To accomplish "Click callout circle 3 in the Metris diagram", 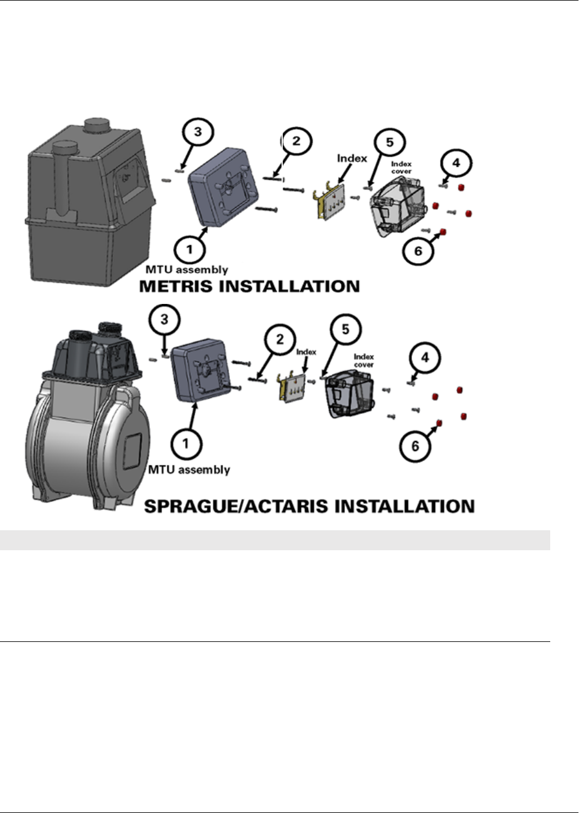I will [x=198, y=132].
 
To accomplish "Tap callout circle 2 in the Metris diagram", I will [x=296, y=142].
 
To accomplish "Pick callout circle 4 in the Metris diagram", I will [x=456, y=163].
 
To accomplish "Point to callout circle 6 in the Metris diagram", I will [x=418, y=251].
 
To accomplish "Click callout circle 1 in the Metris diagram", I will [x=189, y=250].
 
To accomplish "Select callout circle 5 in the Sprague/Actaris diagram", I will [x=345, y=329].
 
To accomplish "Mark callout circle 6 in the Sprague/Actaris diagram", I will [x=415, y=446].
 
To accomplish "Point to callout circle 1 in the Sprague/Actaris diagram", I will [x=186, y=443].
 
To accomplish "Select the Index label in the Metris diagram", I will [x=352, y=158].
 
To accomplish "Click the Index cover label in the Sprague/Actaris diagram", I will [x=363, y=360].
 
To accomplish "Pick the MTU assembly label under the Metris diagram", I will [x=186, y=270].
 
